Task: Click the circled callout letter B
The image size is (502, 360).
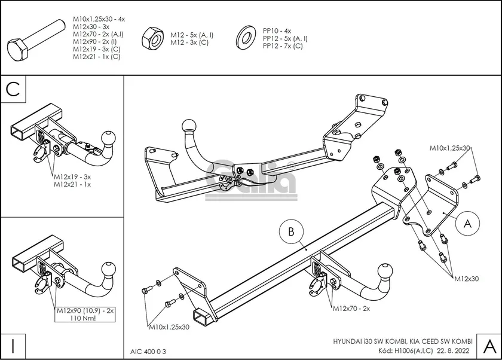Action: [291, 232]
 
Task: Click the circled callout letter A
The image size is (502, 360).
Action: [468, 223]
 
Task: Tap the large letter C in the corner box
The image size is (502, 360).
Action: [13, 89]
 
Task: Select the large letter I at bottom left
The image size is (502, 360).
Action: [13, 346]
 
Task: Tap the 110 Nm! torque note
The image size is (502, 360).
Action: [83, 318]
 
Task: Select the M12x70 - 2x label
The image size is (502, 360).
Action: [352, 309]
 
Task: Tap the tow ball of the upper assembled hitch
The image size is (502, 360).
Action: [189, 126]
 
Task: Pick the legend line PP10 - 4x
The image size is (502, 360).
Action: [277, 30]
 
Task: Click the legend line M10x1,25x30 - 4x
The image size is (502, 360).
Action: [99, 19]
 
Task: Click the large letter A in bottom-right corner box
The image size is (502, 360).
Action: [489, 346]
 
